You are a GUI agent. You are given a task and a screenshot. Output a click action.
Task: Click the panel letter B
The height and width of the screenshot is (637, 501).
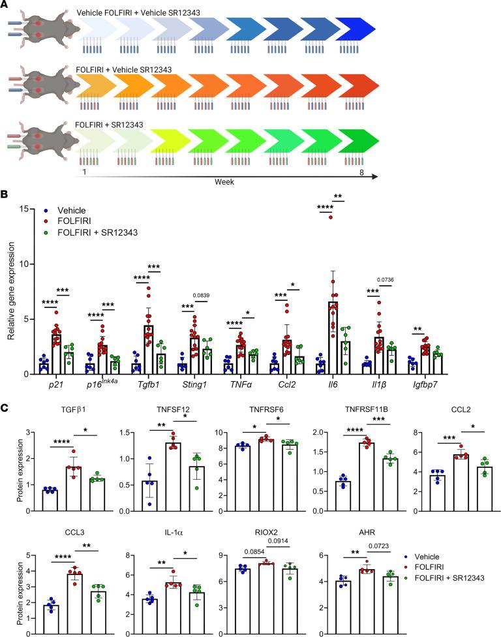6,194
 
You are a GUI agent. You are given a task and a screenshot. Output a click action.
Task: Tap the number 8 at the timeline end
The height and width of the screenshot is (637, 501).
369,169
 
